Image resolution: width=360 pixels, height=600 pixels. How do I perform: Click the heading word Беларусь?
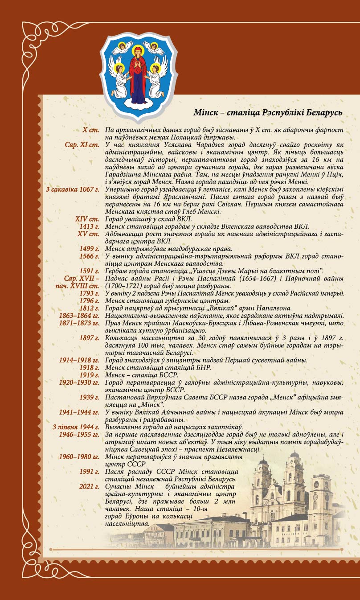click(324, 112)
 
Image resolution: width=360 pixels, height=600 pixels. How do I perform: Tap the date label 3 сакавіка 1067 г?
click(72, 190)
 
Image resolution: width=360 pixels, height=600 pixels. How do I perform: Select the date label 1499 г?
click(89, 249)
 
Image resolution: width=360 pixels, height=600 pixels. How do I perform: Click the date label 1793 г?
click(89, 293)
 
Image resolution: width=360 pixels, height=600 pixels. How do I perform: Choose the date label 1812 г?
click(89, 308)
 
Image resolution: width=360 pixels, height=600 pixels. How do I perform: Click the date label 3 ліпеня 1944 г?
click(76, 427)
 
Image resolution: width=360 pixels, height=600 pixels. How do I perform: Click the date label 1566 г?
click(89, 256)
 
